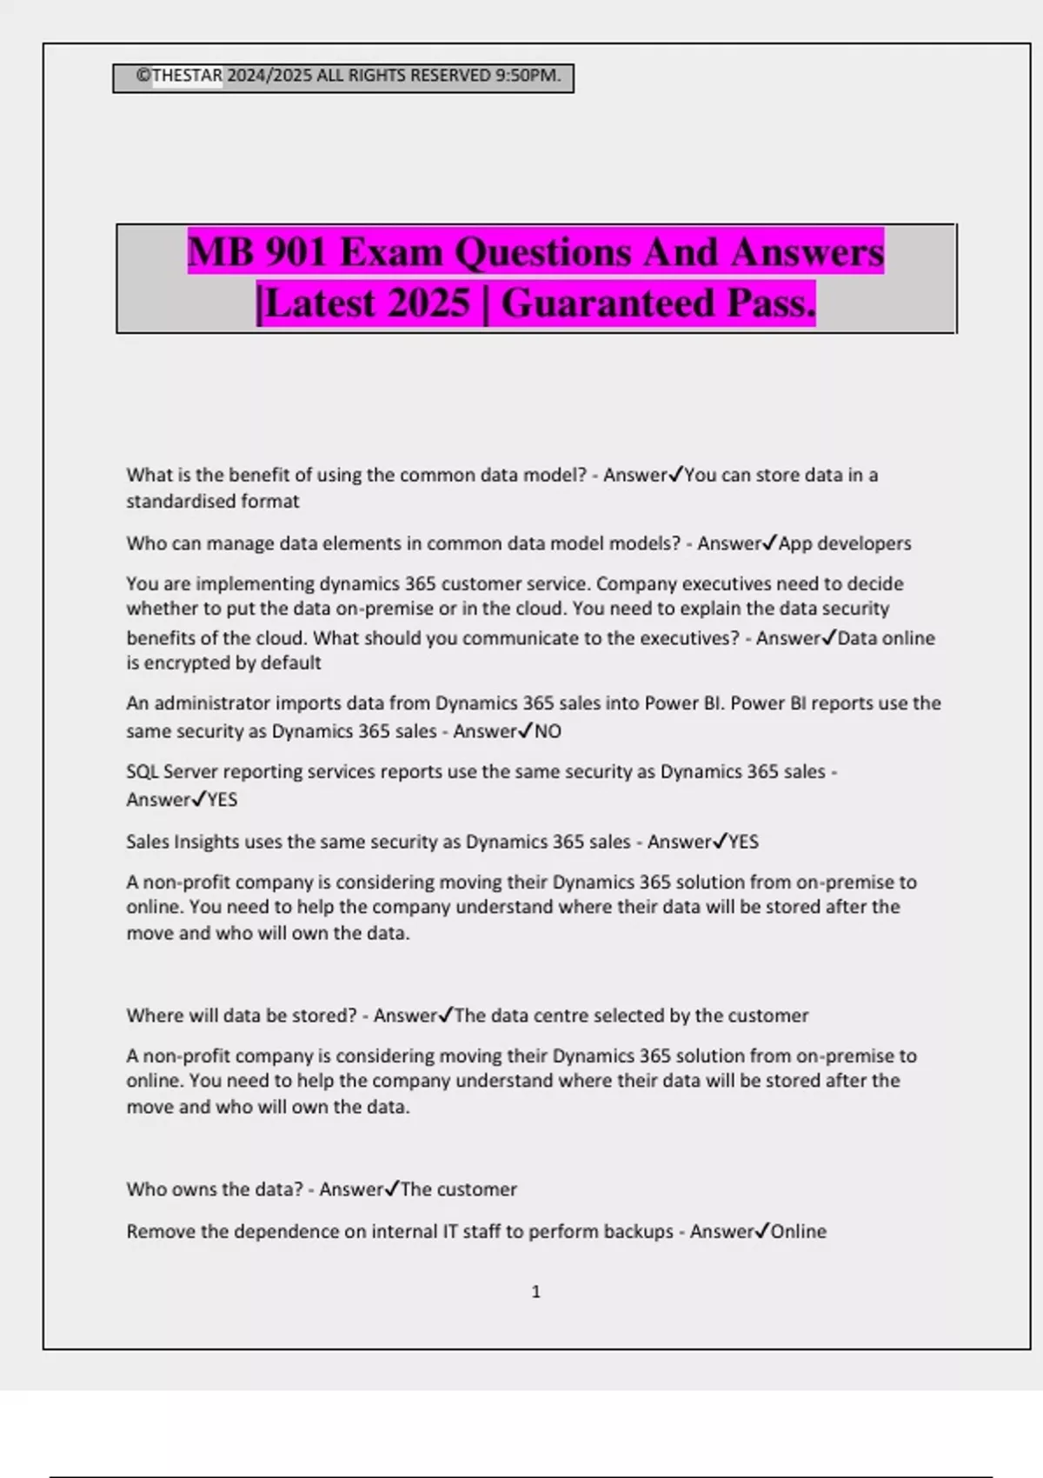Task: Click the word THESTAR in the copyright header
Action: pyautogui.click(x=187, y=76)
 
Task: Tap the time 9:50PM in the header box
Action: pyautogui.click(x=528, y=76)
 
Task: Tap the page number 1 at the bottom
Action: pyautogui.click(x=536, y=1292)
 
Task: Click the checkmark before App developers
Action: pyautogui.click(x=769, y=543)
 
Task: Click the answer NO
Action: pyautogui.click(x=548, y=731)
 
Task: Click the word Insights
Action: pyautogui.click(x=207, y=842)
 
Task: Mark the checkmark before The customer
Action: pyautogui.click(x=392, y=1188)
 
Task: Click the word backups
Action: pyautogui.click(x=637, y=1232)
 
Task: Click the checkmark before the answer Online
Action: pyautogui.click(x=762, y=1230)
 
